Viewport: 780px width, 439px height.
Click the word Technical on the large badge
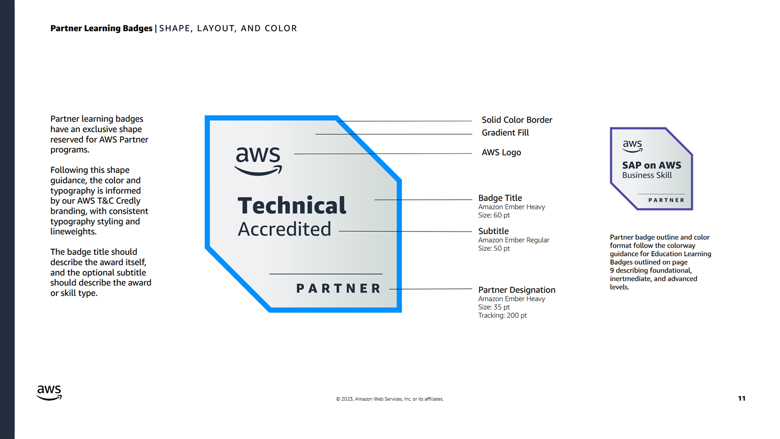coord(292,205)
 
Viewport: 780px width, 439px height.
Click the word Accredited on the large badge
coord(284,229)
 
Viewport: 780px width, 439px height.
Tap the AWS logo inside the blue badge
coord(258,161)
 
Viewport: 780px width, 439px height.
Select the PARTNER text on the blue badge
coord(339,289)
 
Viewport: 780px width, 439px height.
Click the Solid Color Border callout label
coord(517,120)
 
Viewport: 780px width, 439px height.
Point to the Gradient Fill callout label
coord(505,133)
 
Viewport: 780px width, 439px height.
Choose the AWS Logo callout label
coord(501,152)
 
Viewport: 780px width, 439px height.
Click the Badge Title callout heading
coord(500,198)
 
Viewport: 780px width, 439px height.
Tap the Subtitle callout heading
coord(493,231)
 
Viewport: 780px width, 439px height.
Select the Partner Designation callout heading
coord(516,290)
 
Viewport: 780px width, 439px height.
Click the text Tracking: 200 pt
coord(502,315)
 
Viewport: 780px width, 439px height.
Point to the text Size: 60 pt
coord(494,215)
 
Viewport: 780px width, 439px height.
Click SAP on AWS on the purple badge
coord(651,165)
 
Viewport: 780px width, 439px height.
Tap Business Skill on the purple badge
coord(647,175)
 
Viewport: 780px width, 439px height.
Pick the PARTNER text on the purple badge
coord(666,200)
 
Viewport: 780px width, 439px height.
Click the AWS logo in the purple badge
coord(633,146)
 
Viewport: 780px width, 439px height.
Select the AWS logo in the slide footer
coord(49,392)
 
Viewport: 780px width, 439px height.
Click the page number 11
coord(741,398)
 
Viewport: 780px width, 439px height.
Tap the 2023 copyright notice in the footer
coord(390,399)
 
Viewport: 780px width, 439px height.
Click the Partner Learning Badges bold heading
coord(101,28)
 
